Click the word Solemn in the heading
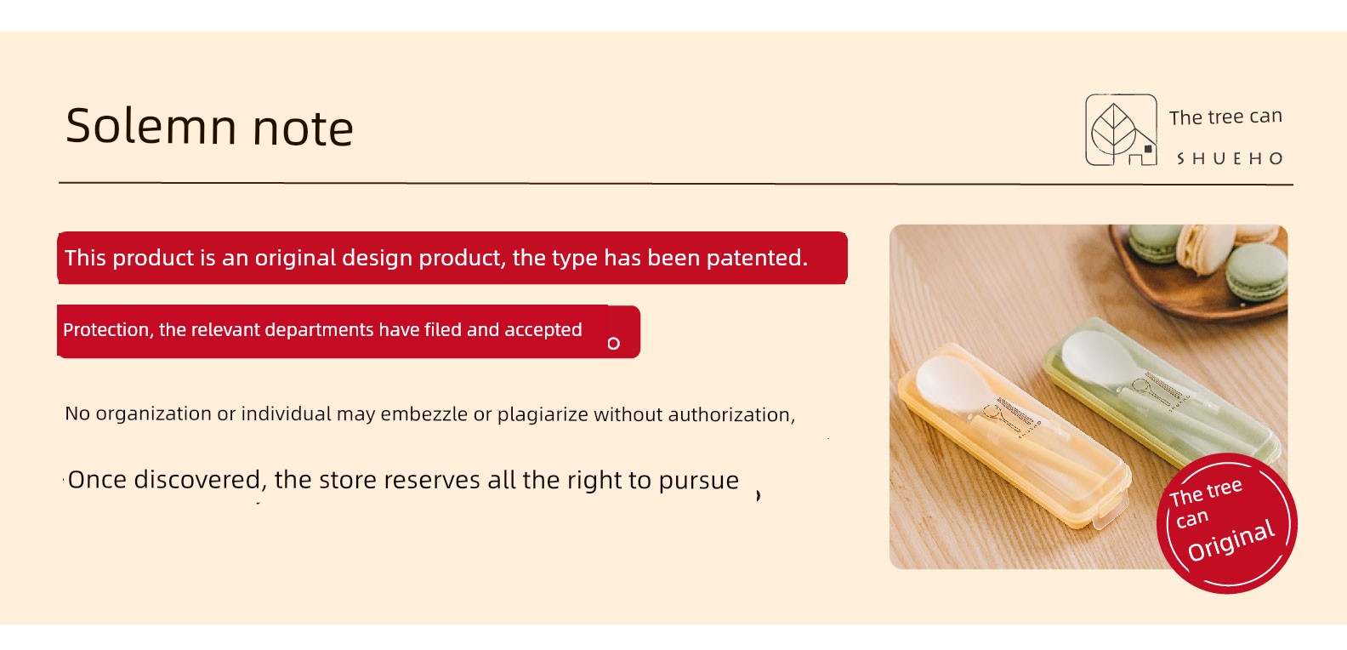tap(151, 126)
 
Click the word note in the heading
tap(303, 128)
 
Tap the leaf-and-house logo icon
tap(1121, 129)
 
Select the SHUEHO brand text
tap(1230, 159)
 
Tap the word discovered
tap(197, 481)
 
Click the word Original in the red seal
tap(1231, 540)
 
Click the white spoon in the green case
tap(1130, 373)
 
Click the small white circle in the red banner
tap(613, 344)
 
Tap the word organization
tap(154, 414)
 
